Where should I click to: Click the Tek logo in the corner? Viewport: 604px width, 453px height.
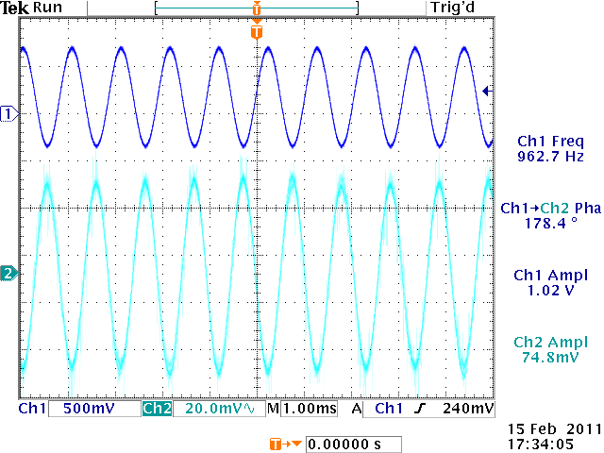17,7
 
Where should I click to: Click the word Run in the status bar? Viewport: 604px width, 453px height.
47,7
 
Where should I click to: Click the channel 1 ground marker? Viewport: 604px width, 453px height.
9,114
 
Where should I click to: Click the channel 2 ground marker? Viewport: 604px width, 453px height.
9,274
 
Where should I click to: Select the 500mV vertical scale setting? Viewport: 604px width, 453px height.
91,409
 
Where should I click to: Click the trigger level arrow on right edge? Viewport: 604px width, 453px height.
487,91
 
